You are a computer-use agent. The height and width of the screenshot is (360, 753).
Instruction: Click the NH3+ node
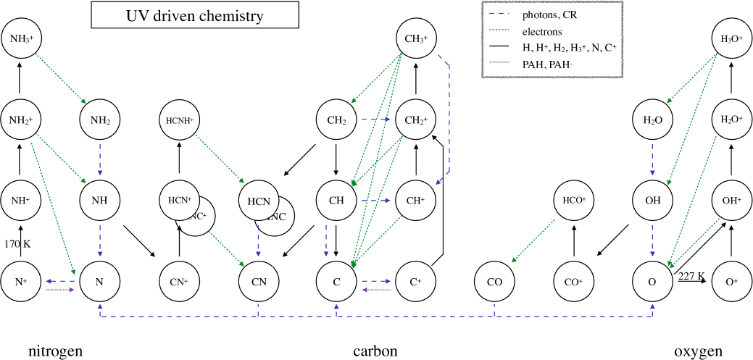point(20,38)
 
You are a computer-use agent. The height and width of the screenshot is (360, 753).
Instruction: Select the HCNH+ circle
point(179,118)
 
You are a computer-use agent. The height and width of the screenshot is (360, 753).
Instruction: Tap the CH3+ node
point(416,38)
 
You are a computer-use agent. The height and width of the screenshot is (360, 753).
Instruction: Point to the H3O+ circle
point(731,38)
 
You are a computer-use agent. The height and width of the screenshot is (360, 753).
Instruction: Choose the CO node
point(495,280)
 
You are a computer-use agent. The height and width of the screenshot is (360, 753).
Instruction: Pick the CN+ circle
point(179,280)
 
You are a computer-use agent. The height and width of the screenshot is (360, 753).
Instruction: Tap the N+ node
point(20,280)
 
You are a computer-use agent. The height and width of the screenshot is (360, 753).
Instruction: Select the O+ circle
point(731,280)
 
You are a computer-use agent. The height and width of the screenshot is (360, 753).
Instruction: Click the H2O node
point(652,118)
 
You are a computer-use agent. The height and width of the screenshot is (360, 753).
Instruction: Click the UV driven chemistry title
point(194,15)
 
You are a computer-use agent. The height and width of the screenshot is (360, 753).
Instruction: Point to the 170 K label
point(17,243)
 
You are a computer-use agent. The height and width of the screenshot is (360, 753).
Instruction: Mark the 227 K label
point(691,275)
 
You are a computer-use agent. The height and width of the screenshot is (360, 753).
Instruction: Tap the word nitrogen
point(56,351)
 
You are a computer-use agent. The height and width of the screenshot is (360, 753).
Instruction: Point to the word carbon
point(375,351)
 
